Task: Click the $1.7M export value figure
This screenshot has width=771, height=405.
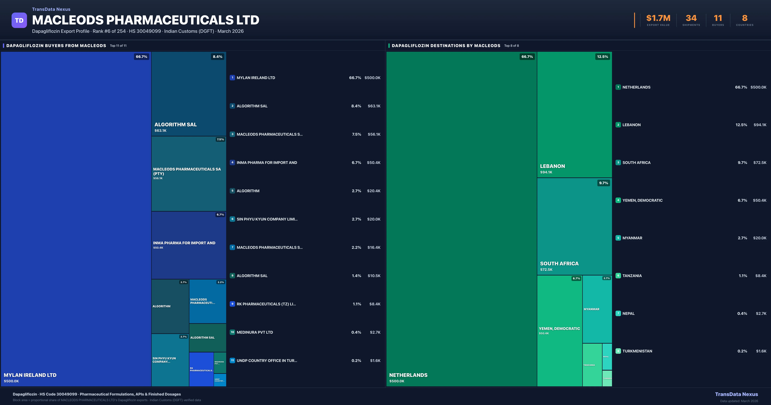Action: pos(658,18)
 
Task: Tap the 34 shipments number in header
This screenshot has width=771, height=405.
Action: pos(691,18)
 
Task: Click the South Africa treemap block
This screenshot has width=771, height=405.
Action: pos(574,226)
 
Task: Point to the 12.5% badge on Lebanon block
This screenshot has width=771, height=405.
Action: pos(603,57)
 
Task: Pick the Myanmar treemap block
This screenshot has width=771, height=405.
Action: pos(597,309)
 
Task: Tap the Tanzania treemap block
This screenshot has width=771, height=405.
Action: pos(592,365)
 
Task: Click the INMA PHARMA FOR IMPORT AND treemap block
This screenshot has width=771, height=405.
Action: pos(189,245)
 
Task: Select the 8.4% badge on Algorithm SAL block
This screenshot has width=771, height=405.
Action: pos(218,57)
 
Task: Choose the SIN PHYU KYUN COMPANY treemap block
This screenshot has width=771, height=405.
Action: pos(170,360)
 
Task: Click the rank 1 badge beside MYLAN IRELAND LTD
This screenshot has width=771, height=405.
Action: pos(232,78)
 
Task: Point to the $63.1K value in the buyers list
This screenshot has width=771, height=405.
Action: pos(374,106)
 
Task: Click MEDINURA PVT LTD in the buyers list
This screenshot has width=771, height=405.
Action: pos(255,332)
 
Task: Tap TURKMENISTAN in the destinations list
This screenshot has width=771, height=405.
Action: pos(637,351)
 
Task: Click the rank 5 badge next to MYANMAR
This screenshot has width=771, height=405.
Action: pos(618,238)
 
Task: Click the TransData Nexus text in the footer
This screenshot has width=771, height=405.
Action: pos(736,394)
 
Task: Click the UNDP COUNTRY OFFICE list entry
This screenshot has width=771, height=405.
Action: pos(267,361)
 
